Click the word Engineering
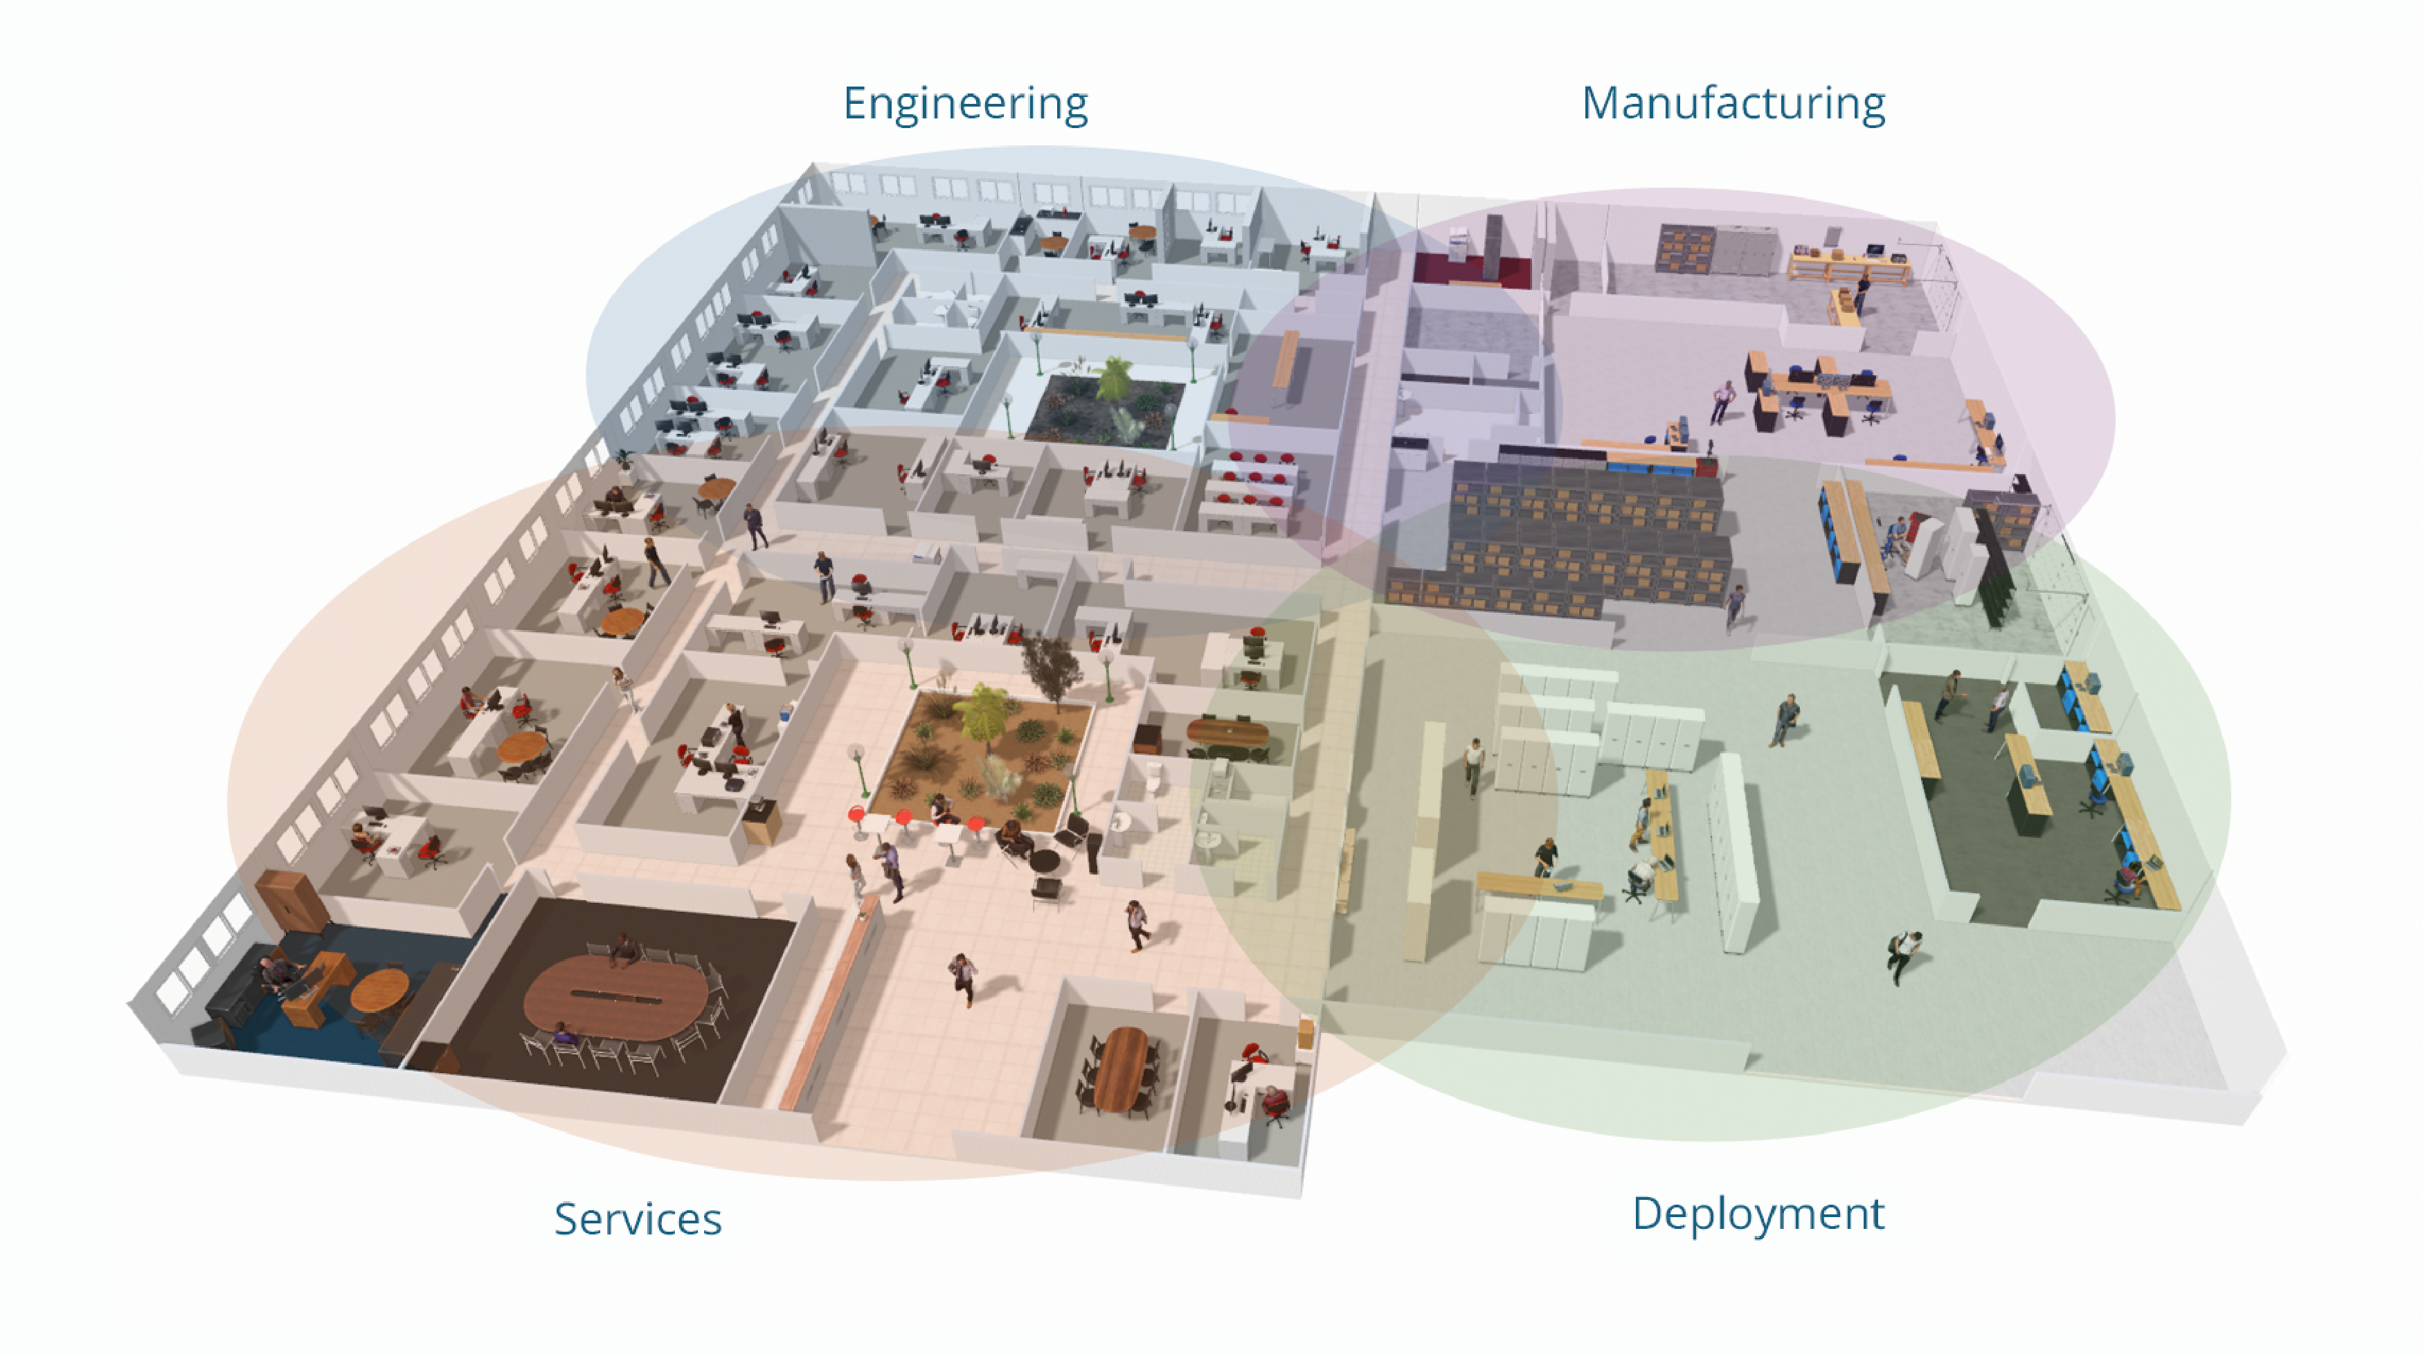pos(965,103)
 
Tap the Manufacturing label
pos(1733,103)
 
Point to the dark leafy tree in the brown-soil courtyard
pos(1051,667)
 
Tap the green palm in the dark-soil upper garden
pos(1115,380)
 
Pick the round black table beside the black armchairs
pos(1043,861)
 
